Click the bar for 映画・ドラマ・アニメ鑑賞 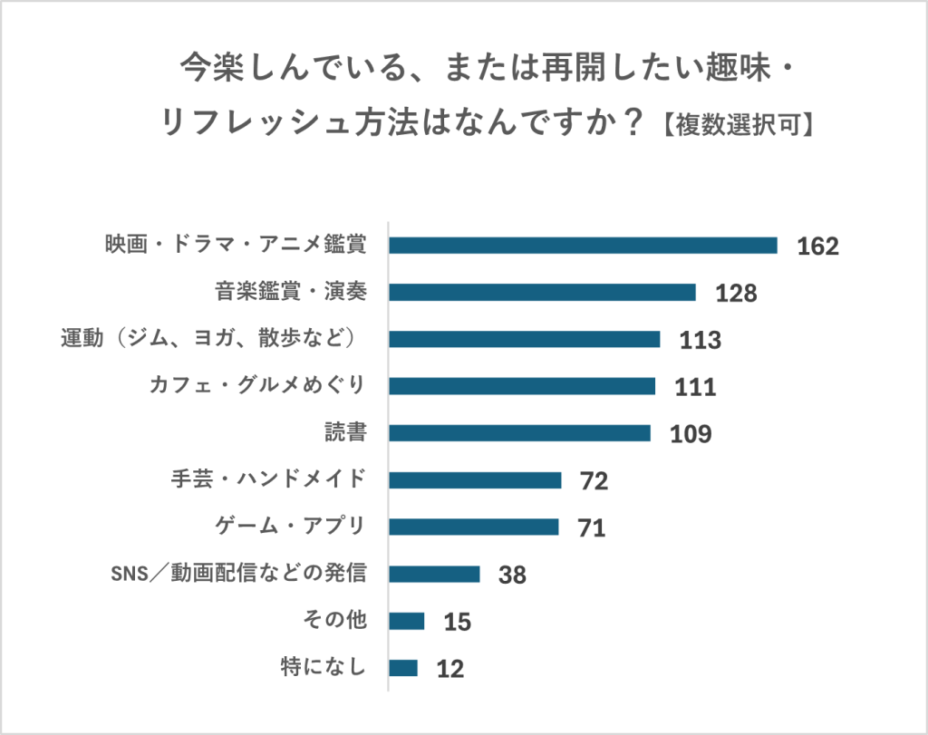point(583,246)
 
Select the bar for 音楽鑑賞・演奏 point(542,292)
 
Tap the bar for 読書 point(519,433)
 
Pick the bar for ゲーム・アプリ point(474,527)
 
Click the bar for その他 point(407,621)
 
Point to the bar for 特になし point(403,668)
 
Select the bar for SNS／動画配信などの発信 point(434,574)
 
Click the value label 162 point(818,247)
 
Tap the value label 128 point(735,294)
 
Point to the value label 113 point(700,341)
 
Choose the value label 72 point(594,481)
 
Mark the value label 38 point(512,575)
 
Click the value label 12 point(449,669)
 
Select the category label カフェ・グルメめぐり point(257,386)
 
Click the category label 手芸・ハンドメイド point(268,479)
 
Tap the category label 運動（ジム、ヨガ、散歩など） point(212,339)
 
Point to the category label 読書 point(345,432)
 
